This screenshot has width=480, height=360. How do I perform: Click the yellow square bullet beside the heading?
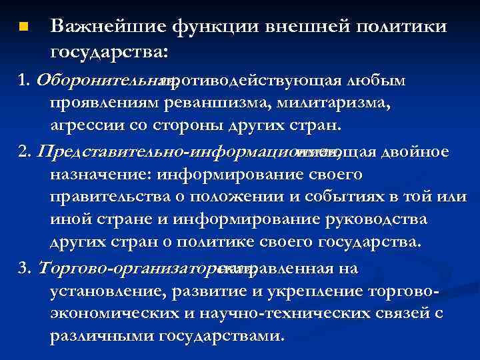tap(23, 28)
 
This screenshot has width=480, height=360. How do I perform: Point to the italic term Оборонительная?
tap(107, 81)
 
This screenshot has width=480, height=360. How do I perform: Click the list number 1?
tap(25, 81)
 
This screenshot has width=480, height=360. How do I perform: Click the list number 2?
tap(25, 152)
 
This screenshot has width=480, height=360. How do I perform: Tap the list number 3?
tap(25, 269)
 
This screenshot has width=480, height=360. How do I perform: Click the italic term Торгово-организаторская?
tap(143, 269)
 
